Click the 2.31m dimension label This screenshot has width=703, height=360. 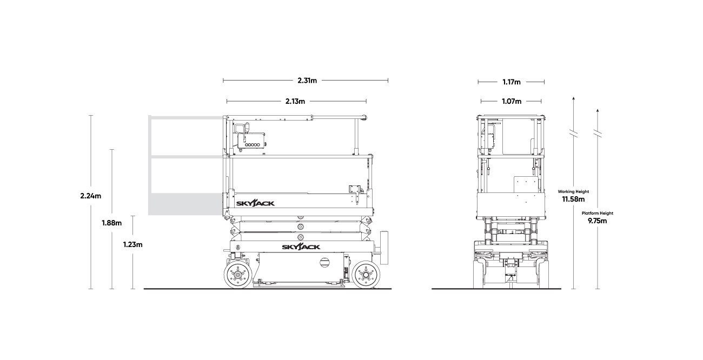coord(307,81)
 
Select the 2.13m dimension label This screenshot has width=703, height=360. coord(295,101)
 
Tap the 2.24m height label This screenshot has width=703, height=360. coord(91,196)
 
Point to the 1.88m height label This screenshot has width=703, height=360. coord(112,223)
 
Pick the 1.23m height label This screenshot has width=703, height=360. coord(132,245)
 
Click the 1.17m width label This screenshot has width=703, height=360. coord(512,82)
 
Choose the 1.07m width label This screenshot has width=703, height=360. coord(512,101)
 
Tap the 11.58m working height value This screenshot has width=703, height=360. coord(573,199)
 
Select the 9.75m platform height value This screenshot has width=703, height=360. coord(597,221)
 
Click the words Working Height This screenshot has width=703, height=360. coord(573,191)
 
